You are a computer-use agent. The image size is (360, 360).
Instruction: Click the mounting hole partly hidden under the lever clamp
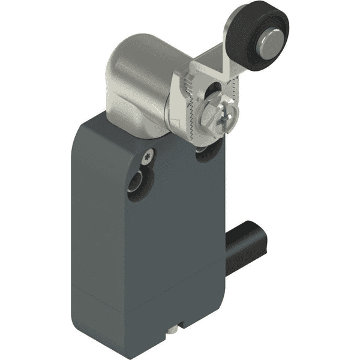point(207,155)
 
